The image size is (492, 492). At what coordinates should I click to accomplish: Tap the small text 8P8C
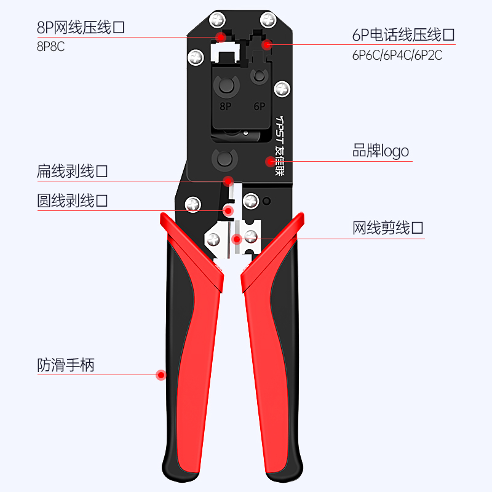pyautogui.click(x=51, y=47)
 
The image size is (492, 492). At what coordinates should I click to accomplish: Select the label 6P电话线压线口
pyautogui.click(x=403, y=35)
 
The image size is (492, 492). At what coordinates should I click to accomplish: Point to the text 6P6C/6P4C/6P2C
pyautogui.click(x=397, y=55)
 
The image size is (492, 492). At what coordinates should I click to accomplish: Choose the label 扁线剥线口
pyautogui.click(x=72, y=171)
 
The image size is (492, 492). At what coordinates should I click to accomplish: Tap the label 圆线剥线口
pyautogui.click(x=72, y=200)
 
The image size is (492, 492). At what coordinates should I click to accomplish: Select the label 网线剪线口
pyautogui.click(x=388, y=229)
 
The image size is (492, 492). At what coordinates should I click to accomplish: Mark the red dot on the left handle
pyautogui.click(x=161, y=375)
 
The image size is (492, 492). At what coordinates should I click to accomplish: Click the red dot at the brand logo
pyautogui.click(x=269, y=162)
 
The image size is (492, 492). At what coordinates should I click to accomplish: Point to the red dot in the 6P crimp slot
pyautogui.click(x=266, y=44)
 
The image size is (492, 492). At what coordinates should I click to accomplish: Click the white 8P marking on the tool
pyautogui.click(x=225, y=106)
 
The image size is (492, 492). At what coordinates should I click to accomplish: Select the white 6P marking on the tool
pyautogui.click(x=259, y=106)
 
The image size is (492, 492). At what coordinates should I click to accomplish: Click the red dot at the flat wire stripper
pyautogui.click(x=228, y=181)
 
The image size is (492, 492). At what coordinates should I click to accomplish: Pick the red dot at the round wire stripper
pyautogui.click(x=228, y=210)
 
